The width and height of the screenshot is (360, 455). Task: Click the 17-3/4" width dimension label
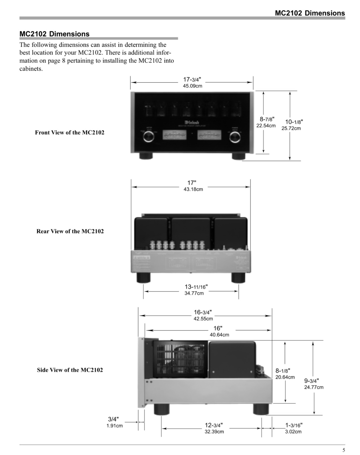point(192,80)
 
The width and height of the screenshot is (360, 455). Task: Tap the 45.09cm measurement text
point(192,86)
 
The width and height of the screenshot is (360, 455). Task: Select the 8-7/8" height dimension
point(267,119)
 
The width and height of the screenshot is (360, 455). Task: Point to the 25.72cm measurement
point(291,129)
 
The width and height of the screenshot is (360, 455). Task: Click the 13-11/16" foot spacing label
point(196,287)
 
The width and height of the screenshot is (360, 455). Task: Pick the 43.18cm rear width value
point(193,190)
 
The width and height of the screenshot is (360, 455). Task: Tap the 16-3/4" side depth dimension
point(202,312)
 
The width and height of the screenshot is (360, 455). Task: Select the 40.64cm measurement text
point(219,335)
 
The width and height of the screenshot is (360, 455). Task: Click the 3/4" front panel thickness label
point(113,419)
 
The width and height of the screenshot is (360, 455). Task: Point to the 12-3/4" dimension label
point(214,425)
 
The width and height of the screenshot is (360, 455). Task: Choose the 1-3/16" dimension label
point(294,425)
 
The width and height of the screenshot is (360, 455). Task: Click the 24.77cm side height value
point(314,388)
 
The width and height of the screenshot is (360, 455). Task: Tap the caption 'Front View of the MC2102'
point(69,133)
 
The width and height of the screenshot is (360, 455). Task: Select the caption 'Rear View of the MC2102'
point(70,231)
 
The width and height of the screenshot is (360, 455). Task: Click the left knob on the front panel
point(148,137)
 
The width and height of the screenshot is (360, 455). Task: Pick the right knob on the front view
point(235,137)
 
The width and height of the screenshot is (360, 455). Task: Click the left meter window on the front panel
point(174,135)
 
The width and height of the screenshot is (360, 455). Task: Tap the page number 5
point(343,450)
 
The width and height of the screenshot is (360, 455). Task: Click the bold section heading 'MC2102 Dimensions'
point(55,34)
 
